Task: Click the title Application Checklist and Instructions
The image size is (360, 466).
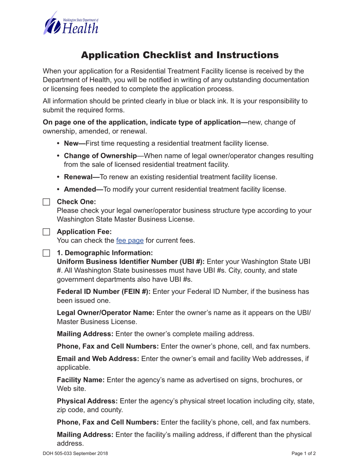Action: click(180, 55)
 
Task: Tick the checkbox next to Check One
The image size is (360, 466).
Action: click(46, 202)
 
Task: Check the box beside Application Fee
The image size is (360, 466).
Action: click(46, 232)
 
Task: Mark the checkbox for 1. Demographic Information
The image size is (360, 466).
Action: click(46, 253)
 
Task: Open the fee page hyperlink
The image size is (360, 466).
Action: click(130, 241)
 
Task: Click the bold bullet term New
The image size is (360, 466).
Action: click(75, 144)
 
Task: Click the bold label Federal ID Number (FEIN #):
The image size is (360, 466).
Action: click(103, 292)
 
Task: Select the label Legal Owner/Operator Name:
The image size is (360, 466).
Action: click(105, 313)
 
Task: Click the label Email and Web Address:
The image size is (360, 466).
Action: click(98, 359)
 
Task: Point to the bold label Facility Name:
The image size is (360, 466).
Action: click(81, 380)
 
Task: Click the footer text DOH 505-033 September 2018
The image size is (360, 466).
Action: click(75, 453)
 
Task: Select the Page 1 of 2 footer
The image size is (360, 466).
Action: click(304, 453)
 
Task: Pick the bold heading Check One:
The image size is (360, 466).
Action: click(76, 202)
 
